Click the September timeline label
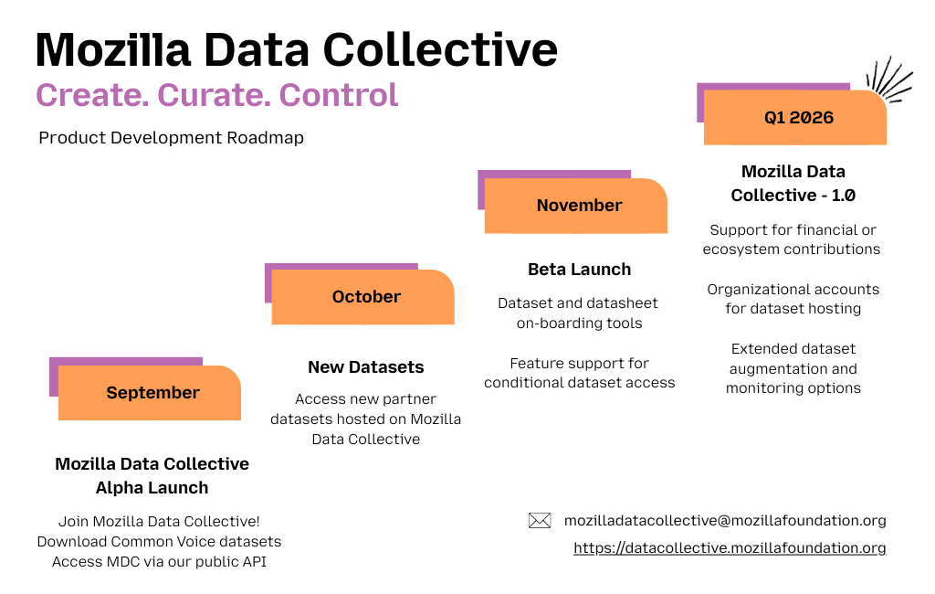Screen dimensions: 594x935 (152, 393)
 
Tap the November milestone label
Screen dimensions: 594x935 (579, 206)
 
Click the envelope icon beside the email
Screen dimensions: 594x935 (540, 521)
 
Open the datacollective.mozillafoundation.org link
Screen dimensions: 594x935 (730, 548)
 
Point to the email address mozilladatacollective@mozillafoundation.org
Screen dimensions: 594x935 (725, 521)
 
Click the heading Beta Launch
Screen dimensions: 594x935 (579, 270)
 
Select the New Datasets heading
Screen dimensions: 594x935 (365, 367)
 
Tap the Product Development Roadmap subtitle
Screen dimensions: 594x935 (171, 138)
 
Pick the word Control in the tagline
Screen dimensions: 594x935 (339, 95)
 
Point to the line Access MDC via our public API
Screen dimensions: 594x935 (159, 562)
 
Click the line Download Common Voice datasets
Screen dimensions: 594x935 (159, 542)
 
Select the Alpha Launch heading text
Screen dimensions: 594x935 (152, 488)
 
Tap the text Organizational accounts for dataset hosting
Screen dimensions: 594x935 (793, 299)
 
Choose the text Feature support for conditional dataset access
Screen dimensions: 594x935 (579, 373)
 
